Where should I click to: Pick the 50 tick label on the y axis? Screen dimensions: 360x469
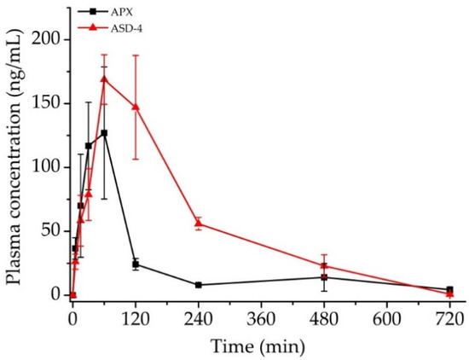[x=54, y=231]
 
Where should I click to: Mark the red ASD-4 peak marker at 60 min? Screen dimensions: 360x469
[x=104, y=78]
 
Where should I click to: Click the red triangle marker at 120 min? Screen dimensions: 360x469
[x=136, y=107]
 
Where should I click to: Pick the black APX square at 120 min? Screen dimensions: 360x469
[x=136, y=264]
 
